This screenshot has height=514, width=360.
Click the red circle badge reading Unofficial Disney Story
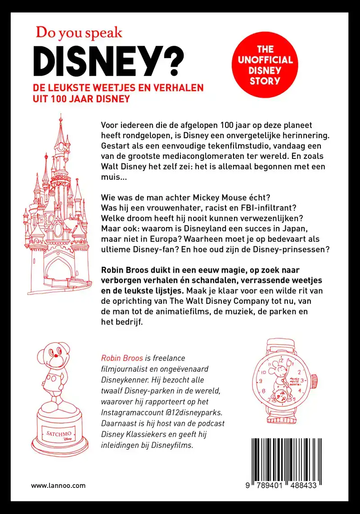click(x=265, y=65)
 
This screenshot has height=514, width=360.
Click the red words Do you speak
click(x=79, y=32)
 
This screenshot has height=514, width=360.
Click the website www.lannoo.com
click(x=58, y=486)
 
